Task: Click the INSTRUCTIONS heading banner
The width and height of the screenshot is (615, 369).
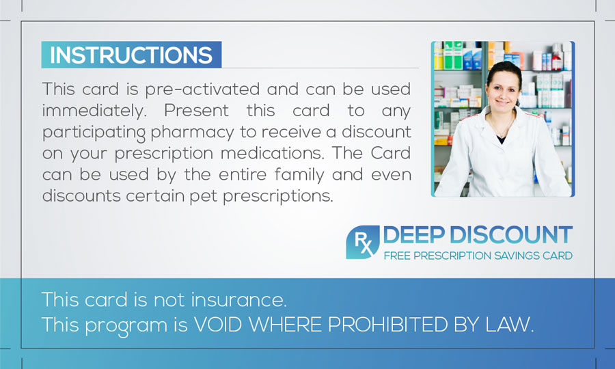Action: (131, 55)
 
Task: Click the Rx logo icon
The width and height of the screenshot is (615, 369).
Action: (362, 243)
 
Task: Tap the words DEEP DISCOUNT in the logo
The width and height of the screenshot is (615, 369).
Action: (478, 235)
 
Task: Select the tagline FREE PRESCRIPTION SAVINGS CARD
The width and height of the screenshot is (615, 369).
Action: (478, 256)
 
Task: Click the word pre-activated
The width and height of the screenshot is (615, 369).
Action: (202, 90)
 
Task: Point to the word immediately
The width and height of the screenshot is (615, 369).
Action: (94, 111)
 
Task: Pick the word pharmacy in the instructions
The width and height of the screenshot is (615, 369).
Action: (192, 133)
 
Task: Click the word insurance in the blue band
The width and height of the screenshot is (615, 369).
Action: (239, 300)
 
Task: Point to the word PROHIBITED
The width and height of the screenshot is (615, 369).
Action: (388, 325)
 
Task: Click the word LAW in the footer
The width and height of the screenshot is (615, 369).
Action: (510, 325)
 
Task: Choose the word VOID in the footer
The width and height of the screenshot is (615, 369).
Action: (218, 325)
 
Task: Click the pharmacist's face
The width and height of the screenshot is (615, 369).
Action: (503, 92)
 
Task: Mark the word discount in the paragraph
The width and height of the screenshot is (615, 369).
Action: (377, 132)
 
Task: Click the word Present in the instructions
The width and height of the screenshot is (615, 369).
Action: (196, 111)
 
